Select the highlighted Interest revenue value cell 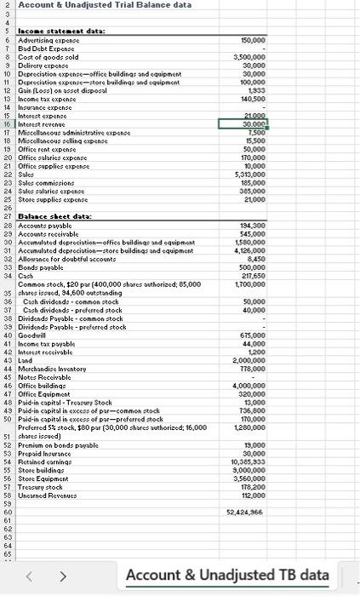click(245, 123)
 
